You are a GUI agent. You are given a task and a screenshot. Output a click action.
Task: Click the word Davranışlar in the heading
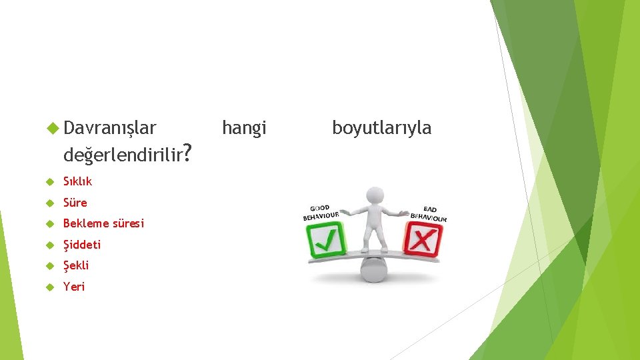[x=110, y=127]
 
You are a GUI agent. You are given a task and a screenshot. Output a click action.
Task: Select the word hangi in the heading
[x=244, y=127]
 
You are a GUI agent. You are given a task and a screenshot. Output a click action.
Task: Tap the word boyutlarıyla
[x=381, y=127]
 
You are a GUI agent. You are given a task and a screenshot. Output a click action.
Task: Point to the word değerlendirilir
[x=123, y=155]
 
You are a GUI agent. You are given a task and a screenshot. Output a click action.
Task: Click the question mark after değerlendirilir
[x=189, y=154]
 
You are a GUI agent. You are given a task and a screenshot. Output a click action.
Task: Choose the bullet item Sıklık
[x=77, y=181]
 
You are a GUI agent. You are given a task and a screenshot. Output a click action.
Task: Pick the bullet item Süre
[x=75, y=203]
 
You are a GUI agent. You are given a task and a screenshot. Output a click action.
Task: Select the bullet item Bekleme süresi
[x=103, y=223]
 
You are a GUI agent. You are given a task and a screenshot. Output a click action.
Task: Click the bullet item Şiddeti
[x=82, y=245]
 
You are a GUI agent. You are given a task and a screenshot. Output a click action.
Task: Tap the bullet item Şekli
[x=76, y=265]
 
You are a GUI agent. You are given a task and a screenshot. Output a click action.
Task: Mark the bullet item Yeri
[x=74, y=287]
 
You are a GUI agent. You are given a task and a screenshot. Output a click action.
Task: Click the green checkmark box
[x=326, y=240]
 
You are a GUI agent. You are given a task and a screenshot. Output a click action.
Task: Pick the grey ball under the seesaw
[x=373, y=269]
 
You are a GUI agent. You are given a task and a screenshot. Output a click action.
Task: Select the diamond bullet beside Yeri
[x=49, y=287]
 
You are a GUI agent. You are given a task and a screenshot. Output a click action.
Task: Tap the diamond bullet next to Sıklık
[x=49, y=181]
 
